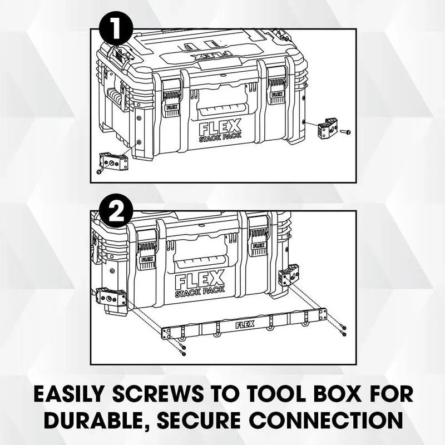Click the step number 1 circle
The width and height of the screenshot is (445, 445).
tap(116, 27)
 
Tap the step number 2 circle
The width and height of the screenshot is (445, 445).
tap(116, 211)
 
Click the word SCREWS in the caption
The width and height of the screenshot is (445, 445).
tap(158, 394)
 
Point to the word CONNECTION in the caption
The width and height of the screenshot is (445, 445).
tap(326, 420)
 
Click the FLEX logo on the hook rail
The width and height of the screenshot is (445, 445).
tap(245, 325)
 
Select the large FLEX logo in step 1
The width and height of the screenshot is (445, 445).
tap(220, 127)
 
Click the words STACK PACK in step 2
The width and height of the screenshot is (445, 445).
tap(200, 291)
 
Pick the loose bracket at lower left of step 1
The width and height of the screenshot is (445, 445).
tap(113, 161)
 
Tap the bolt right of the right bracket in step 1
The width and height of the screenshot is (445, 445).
tap(345, 132)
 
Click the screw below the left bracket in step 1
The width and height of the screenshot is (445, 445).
tap(100, 171)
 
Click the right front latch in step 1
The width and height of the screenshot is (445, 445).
tap(277, 92)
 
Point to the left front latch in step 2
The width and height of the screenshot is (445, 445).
tap(147, 254)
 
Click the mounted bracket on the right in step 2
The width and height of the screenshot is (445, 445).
tap(289, 275)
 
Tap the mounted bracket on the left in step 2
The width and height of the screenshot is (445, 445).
tap(111, 297)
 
